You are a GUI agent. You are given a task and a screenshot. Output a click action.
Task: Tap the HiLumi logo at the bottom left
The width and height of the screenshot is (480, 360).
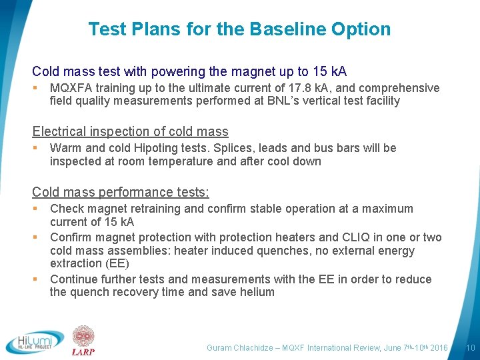[35, 342]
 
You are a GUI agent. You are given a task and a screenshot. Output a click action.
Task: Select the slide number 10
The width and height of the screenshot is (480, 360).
[470, 348]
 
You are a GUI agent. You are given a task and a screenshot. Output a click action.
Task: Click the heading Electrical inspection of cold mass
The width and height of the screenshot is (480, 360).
[130, 132]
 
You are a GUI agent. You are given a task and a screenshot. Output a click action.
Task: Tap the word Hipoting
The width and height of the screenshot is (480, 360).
[170, 148]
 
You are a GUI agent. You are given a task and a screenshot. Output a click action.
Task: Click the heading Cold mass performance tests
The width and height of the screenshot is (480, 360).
[120, 192]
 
